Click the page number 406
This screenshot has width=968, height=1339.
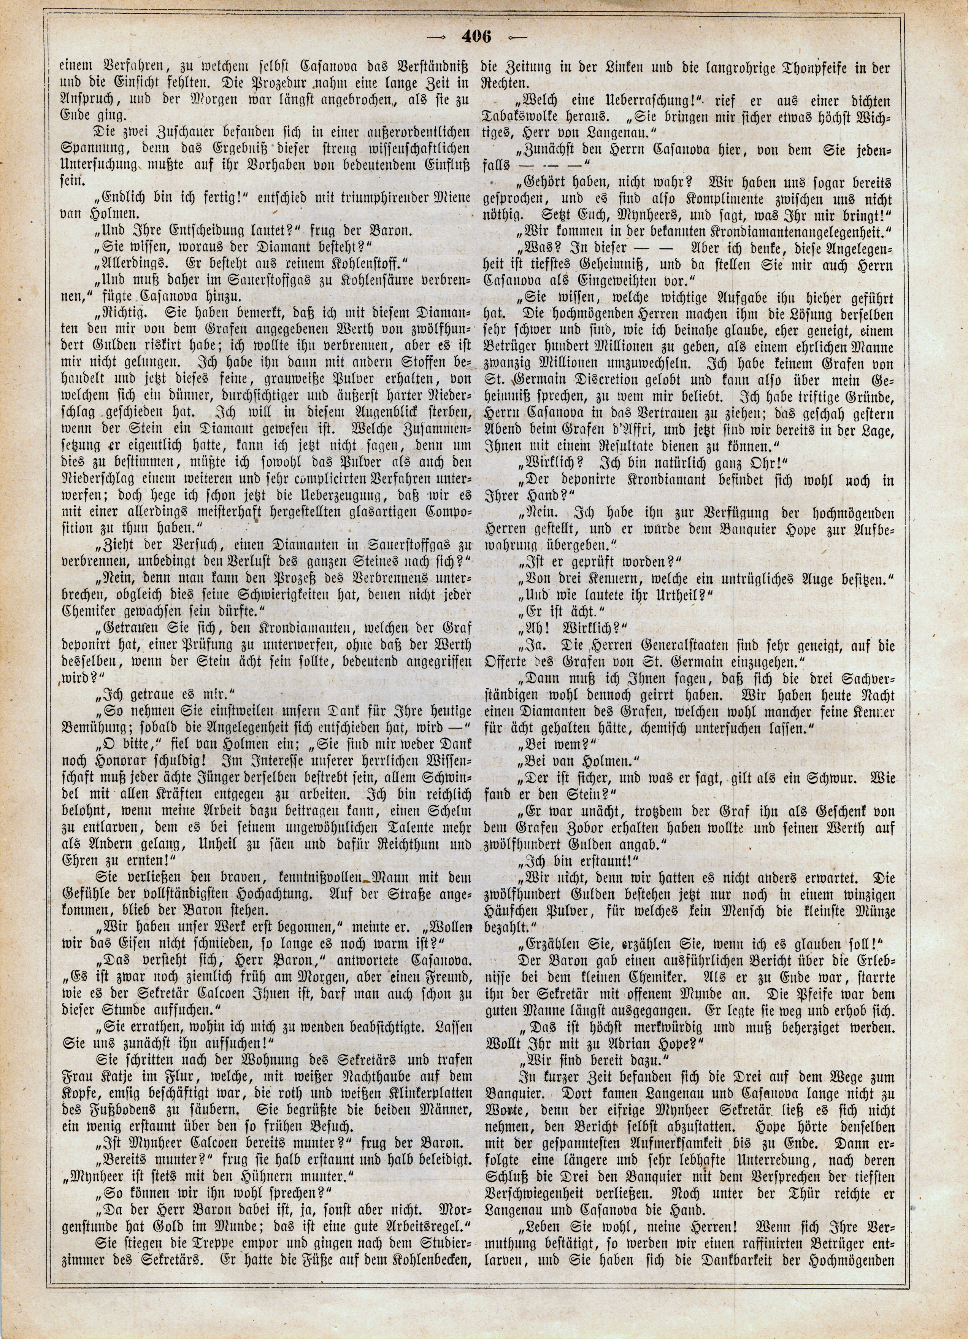[x=478, y=37]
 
